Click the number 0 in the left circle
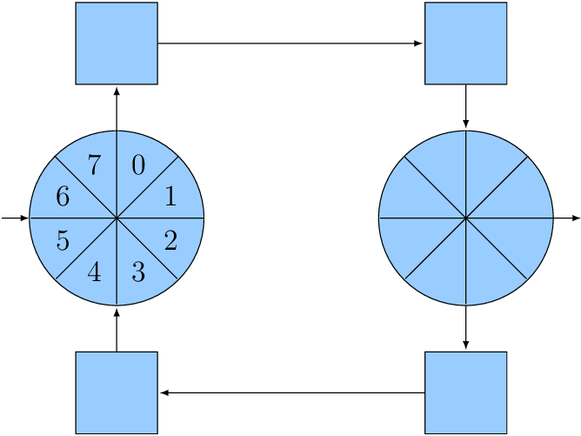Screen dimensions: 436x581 [138, 164]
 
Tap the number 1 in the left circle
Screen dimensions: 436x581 [170, 197]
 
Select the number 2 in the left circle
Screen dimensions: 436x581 [170, 240]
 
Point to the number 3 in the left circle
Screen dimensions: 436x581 [138, 272]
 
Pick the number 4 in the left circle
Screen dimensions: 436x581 [95, 272]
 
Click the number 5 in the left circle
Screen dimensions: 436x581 [63, 240]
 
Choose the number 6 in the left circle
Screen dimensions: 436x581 [63, 197]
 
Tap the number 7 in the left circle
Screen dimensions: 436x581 [95, 164]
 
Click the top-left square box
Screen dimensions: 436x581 [117, 44]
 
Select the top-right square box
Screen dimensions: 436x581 [466, 44]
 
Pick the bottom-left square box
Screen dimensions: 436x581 [117, 392]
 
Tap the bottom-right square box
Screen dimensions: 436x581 [466, 392]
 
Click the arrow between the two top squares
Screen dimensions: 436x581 [290, 44]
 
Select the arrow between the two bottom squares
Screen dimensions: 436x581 [291, 392]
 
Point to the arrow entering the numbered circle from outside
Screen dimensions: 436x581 [15, 218]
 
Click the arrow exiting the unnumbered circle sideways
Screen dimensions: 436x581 [567, 218]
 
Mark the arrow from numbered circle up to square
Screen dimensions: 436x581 [117, 108]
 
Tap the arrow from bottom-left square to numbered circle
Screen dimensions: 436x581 [117, 328]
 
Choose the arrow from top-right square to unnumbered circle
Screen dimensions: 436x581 [466, 107]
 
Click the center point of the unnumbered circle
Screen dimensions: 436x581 [466, 218]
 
